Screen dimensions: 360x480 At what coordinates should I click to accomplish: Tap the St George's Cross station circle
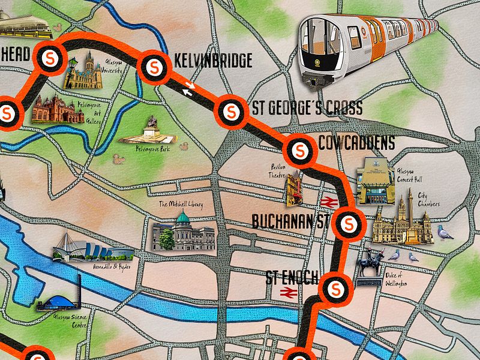[231, 111]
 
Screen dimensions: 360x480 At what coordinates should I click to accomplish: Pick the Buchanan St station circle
[347, 224]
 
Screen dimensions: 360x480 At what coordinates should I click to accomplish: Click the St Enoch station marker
[335, 289]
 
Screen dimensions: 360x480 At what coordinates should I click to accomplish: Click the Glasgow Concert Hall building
[375, 182]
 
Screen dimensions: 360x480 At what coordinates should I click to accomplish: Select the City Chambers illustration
[402, 222]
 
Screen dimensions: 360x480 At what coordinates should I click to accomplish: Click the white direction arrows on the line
[190, 89]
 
